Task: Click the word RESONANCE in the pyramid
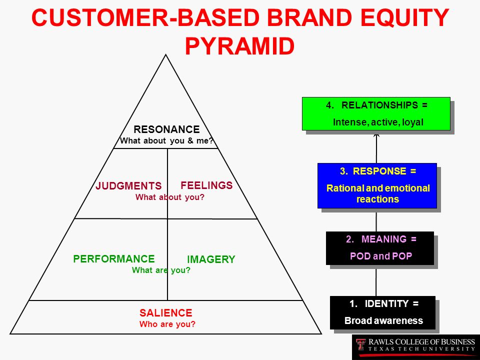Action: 166,129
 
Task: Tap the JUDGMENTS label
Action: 128,186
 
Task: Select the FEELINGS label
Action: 206,185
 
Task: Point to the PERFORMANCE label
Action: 114,259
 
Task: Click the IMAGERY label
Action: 211,259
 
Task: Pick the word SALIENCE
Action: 166,313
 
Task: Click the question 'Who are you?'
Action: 167,324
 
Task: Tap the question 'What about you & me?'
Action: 166,141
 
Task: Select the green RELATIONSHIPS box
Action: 376,114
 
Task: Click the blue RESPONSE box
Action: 377,186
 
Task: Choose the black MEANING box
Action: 380,248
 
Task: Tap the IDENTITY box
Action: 382,312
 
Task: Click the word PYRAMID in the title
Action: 239,46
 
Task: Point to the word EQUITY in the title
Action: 404,17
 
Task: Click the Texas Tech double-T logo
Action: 361,344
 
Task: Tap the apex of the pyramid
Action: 166,55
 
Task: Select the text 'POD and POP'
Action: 381,256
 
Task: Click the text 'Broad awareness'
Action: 383,320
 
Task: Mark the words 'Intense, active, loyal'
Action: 378,122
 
